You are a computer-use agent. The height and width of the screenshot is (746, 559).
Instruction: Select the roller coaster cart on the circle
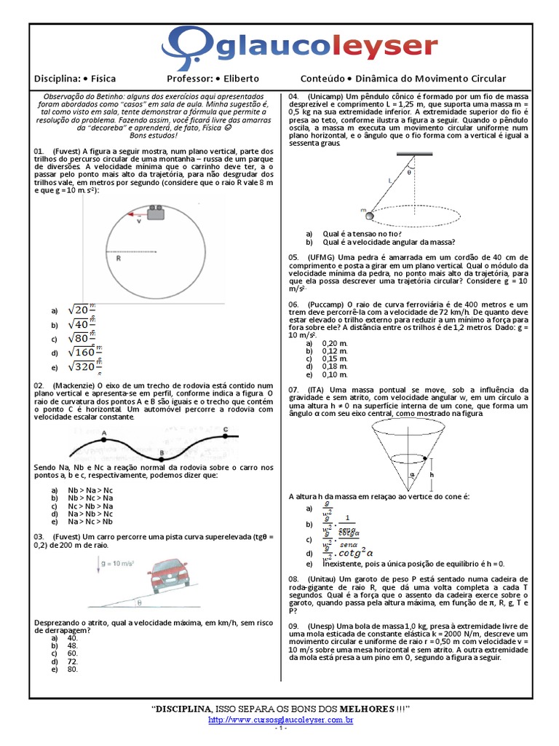tap(154, 213)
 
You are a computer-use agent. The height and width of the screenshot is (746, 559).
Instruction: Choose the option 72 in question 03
tap(72, 661)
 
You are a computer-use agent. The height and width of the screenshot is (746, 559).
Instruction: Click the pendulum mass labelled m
tap(368, 215)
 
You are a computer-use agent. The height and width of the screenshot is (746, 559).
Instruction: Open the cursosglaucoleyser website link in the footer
tap(280, 719)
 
